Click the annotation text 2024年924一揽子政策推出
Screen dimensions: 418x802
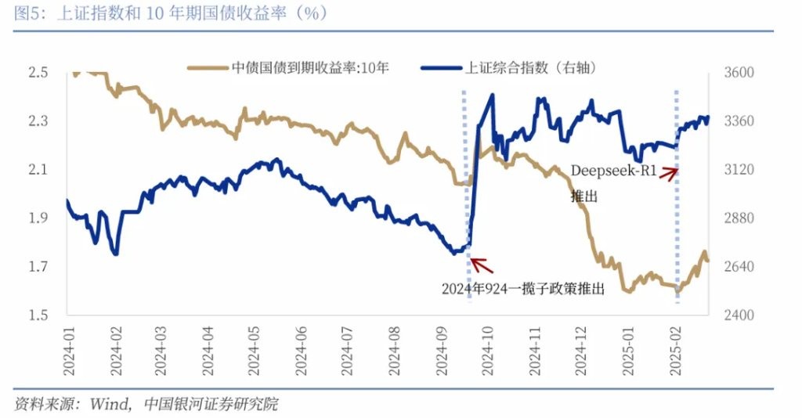pyautogui.click(x=523, y=288)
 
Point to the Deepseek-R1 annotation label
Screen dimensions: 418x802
pyautogui.click(x=612, y=171)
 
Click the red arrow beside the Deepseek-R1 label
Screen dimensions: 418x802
pyautogui.click(x=668, y=173)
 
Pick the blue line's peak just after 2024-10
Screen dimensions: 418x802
pyautogui.click(x=493, y=95)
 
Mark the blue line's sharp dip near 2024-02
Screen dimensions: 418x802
pyautogui.click(x=116, y=254)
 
